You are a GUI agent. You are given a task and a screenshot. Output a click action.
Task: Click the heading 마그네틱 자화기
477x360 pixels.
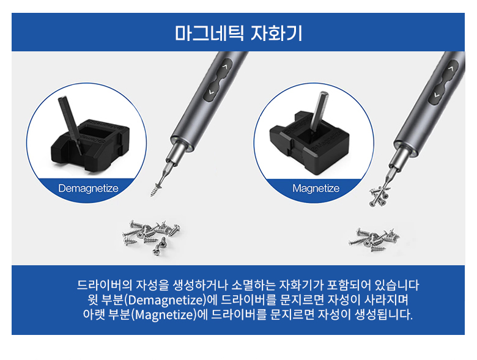click(239, 33)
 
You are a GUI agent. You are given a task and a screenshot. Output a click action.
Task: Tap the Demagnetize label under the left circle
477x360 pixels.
click(88, 188)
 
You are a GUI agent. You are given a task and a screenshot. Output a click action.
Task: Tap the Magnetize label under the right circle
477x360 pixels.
click(316, 188)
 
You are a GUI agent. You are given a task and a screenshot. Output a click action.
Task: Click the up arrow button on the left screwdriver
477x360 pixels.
click(225, 67)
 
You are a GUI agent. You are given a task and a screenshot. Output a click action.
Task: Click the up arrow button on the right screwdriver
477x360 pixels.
click(451, 68)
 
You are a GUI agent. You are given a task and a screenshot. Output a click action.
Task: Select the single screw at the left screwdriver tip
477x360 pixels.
click(156, 189)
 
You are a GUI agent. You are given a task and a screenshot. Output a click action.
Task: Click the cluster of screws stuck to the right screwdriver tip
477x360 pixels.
click(379, 196)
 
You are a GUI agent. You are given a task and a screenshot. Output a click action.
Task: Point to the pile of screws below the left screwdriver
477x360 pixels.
click(150, 237)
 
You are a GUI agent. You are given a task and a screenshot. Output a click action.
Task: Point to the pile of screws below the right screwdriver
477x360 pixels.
click(374, 240)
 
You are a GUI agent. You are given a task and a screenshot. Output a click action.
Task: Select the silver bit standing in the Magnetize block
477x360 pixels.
click(317, 112)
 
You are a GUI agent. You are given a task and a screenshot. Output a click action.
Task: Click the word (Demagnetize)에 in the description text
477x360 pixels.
click(171, 300)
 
